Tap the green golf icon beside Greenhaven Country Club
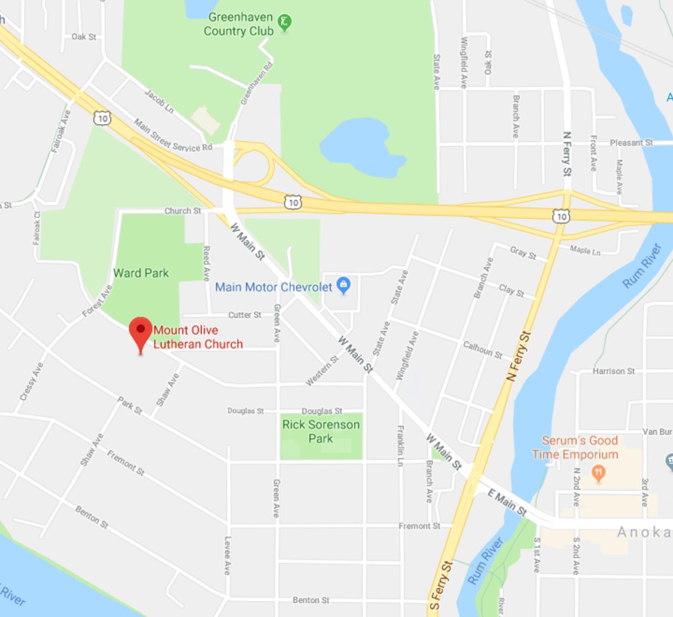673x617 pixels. click(x=284, y=22)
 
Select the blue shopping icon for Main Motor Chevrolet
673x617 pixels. click(x=344, y=285)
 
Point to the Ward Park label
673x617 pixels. click(x=141, y=273)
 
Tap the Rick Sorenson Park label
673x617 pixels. click(x=321, y=431)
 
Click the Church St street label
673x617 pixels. click(x=182, y=211)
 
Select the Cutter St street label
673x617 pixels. click(x=244, y=315)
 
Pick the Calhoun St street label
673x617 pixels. click(x=482, y=350)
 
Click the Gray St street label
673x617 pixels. click(x=523, y=253)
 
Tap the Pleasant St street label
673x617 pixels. click(x=631, y=143)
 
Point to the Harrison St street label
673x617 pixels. click(x=614, y=371)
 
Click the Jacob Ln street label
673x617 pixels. click(x=159, y=101)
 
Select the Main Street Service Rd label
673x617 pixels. click(x=173, y=136)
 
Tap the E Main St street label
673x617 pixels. click(x=507, y=502)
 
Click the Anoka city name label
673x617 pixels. click(x=644, y=532)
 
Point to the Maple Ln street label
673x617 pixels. click(x=585, y=251)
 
